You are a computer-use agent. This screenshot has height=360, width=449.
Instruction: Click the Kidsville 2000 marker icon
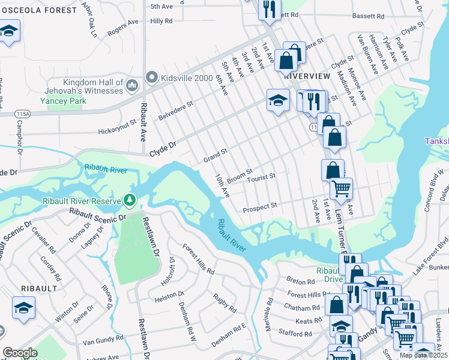(151, 77)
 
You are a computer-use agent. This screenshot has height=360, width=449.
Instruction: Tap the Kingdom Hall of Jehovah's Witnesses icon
(132, 88)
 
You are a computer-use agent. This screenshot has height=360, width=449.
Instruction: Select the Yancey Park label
(64, 101)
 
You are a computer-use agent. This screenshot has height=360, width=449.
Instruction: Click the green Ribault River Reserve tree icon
(129, 199)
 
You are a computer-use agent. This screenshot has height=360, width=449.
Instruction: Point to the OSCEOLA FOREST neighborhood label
(38, 10)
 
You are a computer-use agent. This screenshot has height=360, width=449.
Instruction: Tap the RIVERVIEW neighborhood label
(307, 76)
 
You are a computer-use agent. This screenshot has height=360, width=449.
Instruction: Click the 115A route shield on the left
(23, 113)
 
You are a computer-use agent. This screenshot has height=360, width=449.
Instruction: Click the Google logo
(20, 353)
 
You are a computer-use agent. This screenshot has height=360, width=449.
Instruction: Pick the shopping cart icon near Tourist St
(342, 188)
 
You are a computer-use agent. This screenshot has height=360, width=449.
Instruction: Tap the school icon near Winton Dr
(24, 308)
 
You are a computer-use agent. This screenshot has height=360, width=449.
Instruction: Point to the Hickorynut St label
(122, 130)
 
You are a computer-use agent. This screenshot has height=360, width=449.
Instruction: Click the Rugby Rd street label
(224, 302)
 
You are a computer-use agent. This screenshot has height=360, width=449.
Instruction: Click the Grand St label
(216, 156)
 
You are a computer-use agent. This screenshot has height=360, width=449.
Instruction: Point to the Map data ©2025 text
(424, 355)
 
